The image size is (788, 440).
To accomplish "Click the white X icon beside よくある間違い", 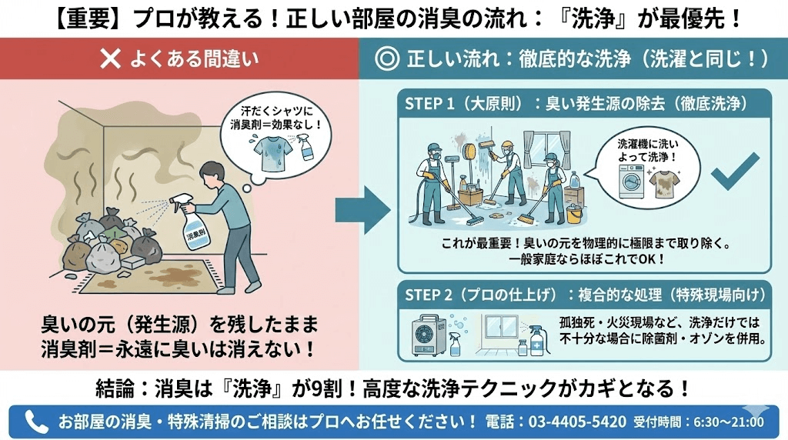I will tap(112, 59).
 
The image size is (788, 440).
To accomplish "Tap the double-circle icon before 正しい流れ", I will tap(386, 59).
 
